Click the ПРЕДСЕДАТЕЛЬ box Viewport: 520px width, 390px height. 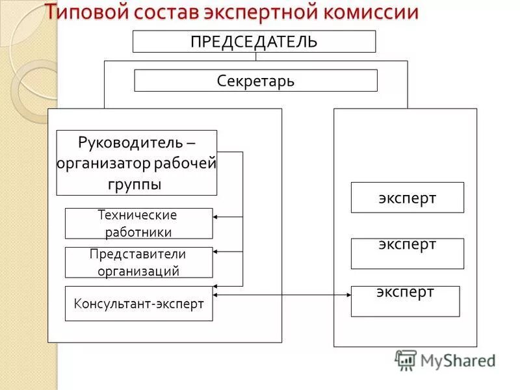coord(254,42)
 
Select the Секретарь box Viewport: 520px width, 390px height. coord(255,81)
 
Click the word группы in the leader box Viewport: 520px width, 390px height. coord(135,184)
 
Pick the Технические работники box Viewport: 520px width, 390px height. coord(138,224)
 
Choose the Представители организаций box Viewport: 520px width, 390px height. coord(138,263)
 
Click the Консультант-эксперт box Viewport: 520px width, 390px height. coord(138,303)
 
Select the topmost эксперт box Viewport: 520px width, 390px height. coord(408,198)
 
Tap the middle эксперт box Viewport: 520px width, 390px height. coord(408,253)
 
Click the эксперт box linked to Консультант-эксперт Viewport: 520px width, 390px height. coord(405,301)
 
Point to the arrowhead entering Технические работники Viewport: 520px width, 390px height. coord(216,216)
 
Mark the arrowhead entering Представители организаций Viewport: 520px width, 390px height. coord(216,251)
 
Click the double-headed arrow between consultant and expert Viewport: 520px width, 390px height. coord(282,296)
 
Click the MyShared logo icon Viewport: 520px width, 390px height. coord(406,359)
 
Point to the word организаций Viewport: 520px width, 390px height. coord(138,272)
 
